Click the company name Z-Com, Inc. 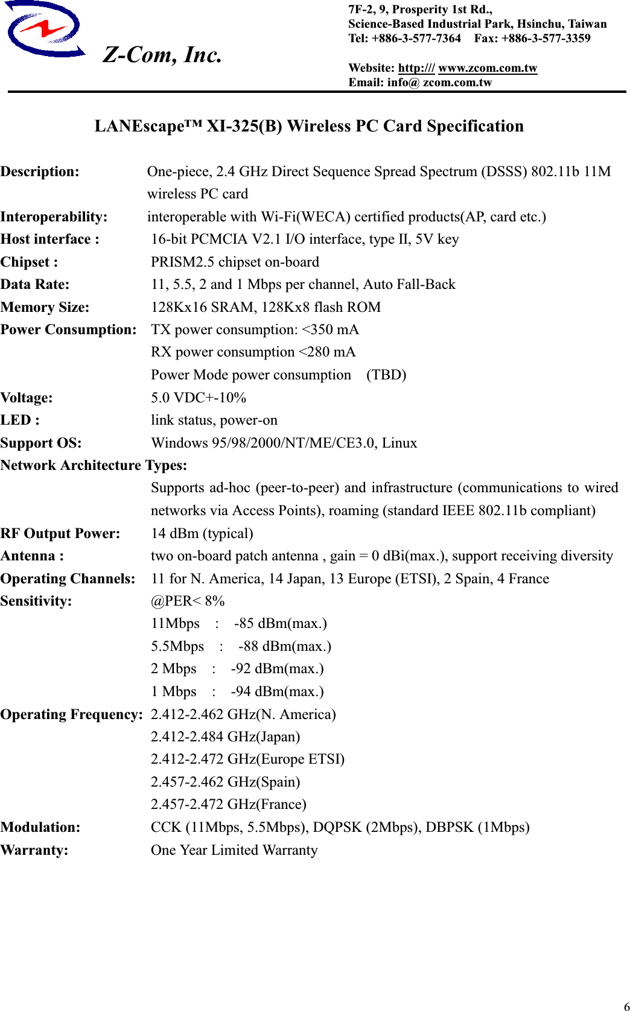[x=162, y=55]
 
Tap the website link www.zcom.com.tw [x=487, y=68]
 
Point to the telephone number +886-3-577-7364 [x=416, y=39]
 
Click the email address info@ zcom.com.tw [x=439, y=83]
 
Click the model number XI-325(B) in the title [x=244, y=126]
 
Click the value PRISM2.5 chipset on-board [x=235, y=262]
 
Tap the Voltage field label [x=27, y=398]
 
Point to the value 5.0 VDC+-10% [x=199, y=398]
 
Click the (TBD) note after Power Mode [x=386, y=375]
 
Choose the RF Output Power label [x=60, y=534]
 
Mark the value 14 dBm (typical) [x=202, y=534]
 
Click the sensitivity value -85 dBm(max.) [x=280, y=624]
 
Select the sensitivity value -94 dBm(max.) [x=277, y=692]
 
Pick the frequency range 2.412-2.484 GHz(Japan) [x=225, y=737]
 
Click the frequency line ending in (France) [x=228, y=805]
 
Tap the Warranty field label [x=34, y=851]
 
